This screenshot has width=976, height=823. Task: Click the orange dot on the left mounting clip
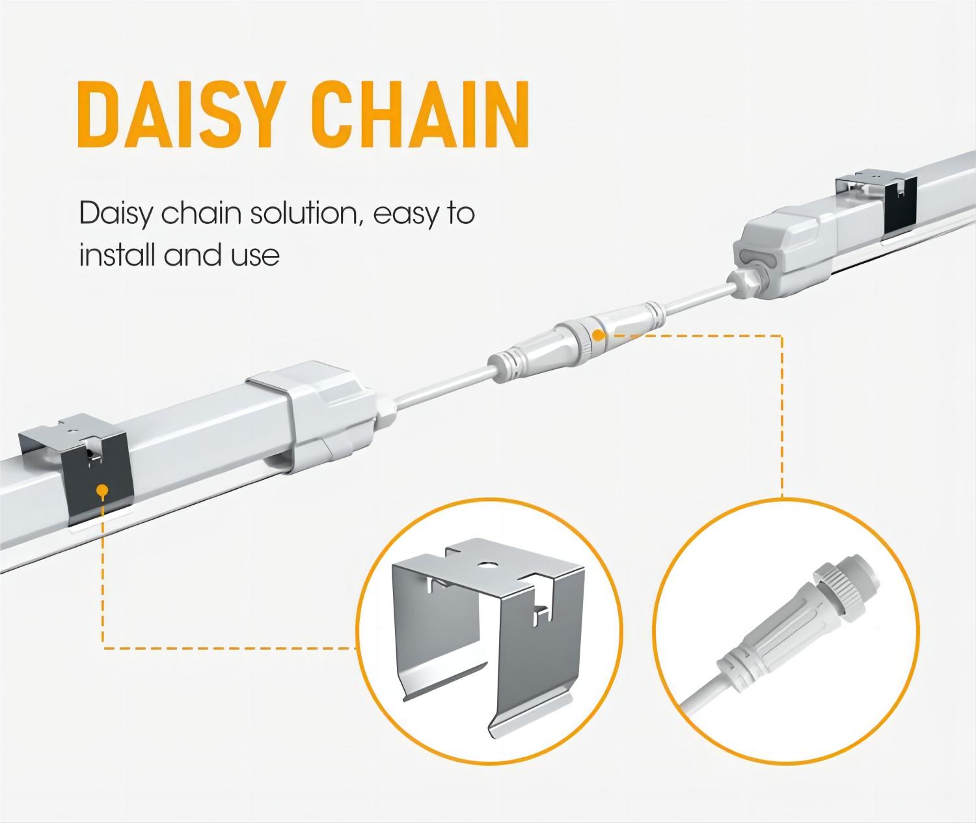[101, 490]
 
